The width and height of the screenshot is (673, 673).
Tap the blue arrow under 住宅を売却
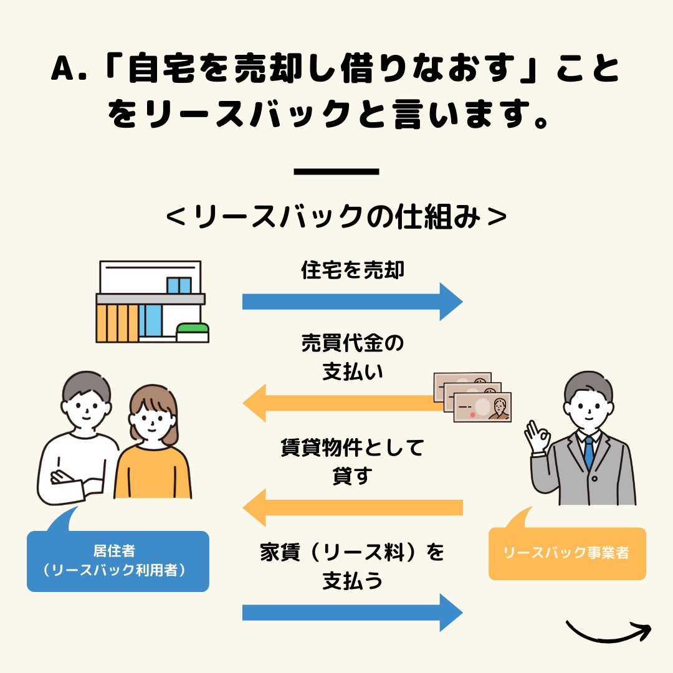[x=352, y=302]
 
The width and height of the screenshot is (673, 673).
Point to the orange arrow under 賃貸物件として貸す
[x=352, y=507]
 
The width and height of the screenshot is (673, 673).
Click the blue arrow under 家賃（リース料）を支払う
[x=352, y=613]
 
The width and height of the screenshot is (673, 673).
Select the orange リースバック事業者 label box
[x=566, y=553]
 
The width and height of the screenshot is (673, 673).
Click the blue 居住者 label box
[x=118, y=561]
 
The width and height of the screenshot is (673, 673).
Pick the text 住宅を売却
[x=352, y=270]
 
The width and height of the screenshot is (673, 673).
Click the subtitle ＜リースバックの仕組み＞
[x=336, y=216]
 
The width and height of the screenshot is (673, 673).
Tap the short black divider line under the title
[x=336, y=171]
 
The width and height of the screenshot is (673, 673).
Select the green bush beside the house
[x=193, y=328]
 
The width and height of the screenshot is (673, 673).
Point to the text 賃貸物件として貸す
[x=352, y=461]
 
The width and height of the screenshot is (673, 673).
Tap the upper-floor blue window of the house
[x=179, y=285]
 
